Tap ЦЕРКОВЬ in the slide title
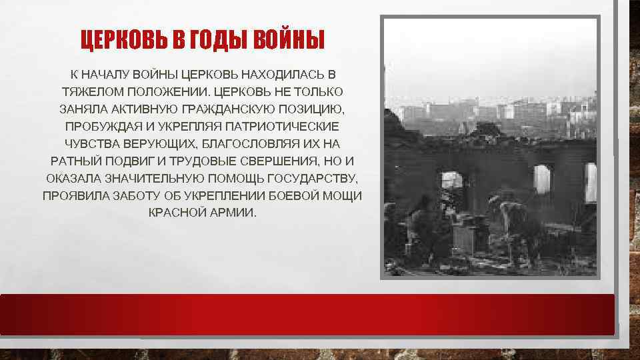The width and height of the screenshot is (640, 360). (x=125, y=41)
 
